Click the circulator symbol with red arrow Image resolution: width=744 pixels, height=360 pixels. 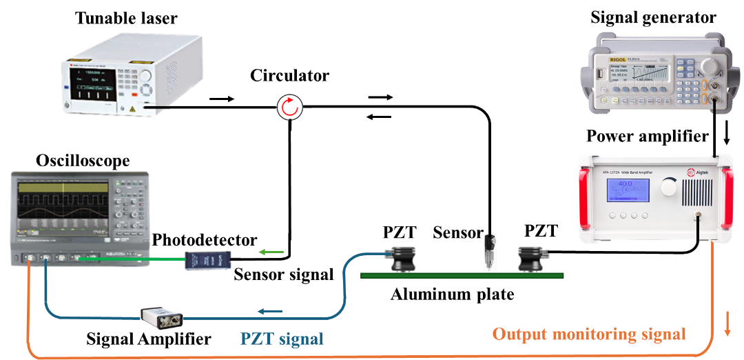[289, 107]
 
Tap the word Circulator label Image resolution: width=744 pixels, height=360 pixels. [287, 75]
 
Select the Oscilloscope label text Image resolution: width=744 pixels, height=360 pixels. [83, 161]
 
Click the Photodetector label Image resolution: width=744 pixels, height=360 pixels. [205, 240]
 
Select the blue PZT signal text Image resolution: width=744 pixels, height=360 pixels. [282, 339]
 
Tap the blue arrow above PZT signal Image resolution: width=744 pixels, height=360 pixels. [271, 312]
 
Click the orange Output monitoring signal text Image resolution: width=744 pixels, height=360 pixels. [589, 334]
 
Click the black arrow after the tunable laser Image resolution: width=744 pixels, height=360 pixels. [221, 99]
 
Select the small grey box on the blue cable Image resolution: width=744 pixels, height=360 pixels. [162, 318]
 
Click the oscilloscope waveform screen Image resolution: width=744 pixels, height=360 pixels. [64, 200]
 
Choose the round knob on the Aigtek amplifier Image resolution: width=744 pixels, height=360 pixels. [669, 186]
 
